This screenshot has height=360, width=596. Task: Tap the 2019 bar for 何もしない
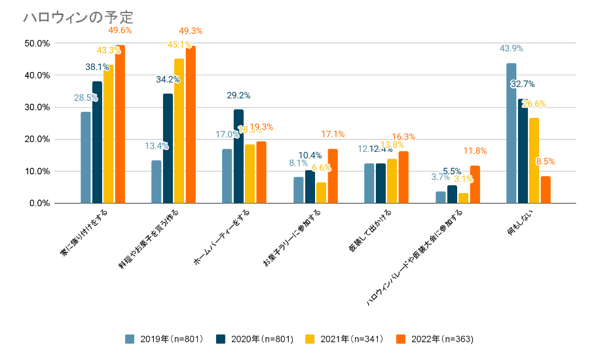click(511, 134)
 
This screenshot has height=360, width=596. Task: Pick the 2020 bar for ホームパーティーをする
click(238, 156)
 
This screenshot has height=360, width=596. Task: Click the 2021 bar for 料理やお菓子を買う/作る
click(179, 131)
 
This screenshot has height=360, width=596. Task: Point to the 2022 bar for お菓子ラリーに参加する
click(333, 176)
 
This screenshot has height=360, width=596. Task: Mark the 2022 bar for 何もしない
click(546, 190)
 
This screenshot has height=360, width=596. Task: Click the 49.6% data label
click(119, 30)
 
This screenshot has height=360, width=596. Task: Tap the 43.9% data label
click(511, 48)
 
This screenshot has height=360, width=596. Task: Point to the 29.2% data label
click(238, 96)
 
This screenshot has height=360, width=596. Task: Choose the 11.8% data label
click(475, 151)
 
